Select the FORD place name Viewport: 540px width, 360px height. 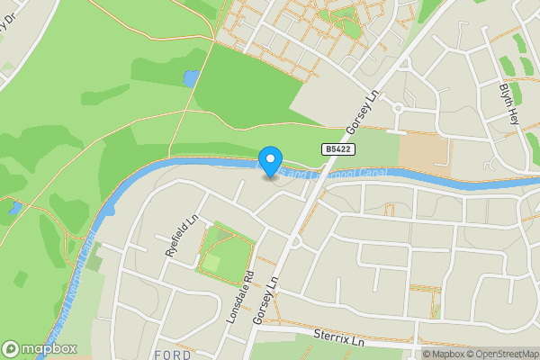click(172, 354)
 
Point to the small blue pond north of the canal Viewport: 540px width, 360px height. click(190, 78)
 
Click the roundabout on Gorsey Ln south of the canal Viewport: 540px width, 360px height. click(294, 242)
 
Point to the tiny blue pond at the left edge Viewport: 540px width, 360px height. click(14, 209)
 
